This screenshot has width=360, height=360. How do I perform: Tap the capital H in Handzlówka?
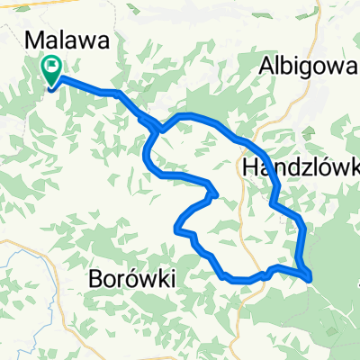click(x=251, y=166)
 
